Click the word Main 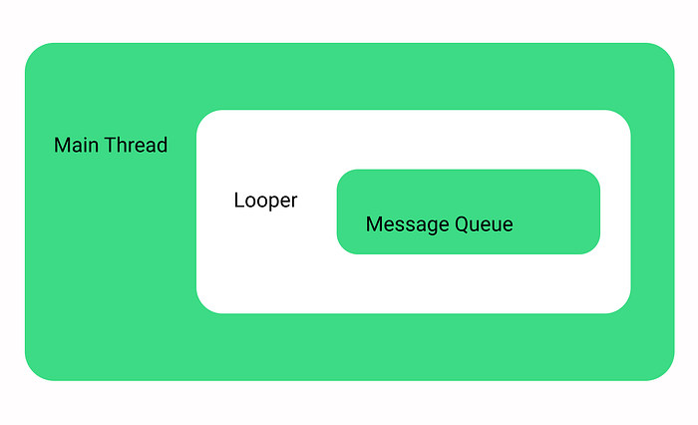pos(76,146)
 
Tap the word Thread pos(137,146)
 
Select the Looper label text pos(266,201)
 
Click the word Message pos(407,224)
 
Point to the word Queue pos(484,224)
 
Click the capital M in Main pos(62,146)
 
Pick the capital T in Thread pos(111,146)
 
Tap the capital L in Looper pos(239,200)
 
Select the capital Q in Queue pos(462,224)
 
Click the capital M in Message pos(374,224)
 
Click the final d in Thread pos(162,146)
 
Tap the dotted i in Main pos(87,146)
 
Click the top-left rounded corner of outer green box pos(34,52)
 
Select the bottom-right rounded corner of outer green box pos(665,371)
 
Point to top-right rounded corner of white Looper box pos(623,117)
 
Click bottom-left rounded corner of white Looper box pos(203,306)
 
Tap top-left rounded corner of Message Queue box pos(343,176)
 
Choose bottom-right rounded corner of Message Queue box pos(594,247)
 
